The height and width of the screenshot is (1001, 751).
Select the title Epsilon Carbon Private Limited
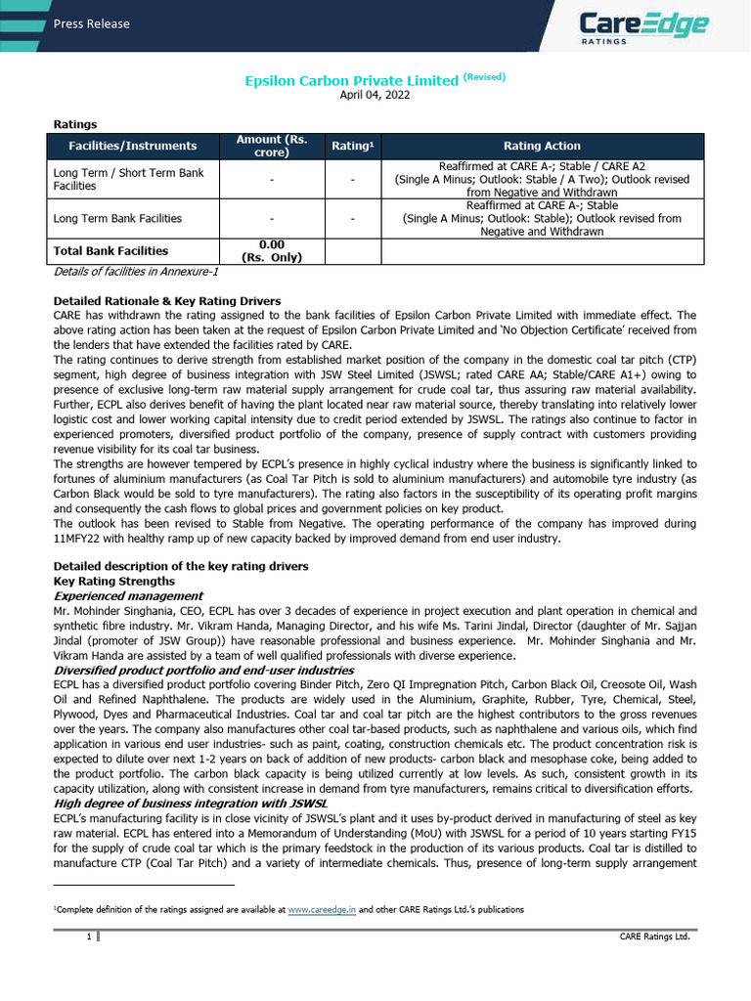[x=351, y=80]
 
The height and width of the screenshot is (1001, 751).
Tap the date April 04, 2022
[x=375, y=95]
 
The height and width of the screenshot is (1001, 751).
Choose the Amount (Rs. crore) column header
[x=272, y=146]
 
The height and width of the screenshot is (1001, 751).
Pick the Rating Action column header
[x=542, y=146]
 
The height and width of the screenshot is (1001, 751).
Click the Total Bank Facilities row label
[x=110, y=250]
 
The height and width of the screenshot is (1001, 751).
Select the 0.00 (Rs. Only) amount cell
[x=272, y=250]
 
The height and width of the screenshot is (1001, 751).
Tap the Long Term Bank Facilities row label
[x=117, y=218]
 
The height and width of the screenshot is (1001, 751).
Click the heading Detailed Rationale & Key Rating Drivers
[x=167, y=300]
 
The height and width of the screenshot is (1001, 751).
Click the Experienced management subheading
[x=128, y=595]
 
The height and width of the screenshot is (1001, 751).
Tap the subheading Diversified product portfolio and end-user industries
[x=203, y=671]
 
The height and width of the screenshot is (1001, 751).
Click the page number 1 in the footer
[x=88, y=936]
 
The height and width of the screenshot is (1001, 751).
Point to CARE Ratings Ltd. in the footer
[x=654, y=936]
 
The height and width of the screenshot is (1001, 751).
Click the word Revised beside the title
[x=484, y=76]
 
